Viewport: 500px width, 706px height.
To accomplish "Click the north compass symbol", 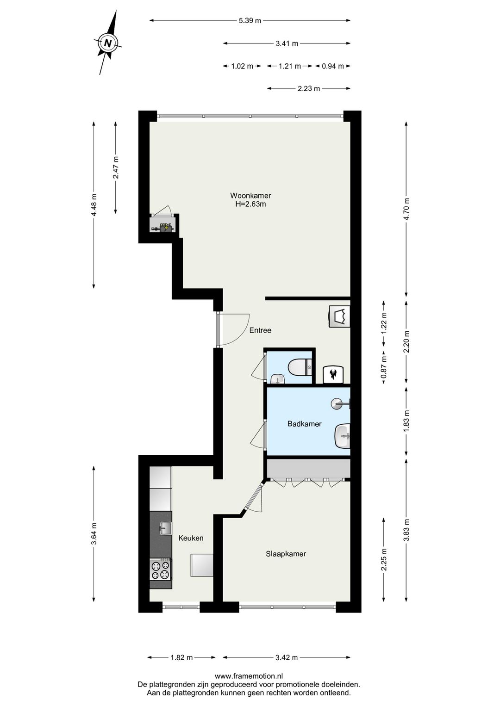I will click(x=108, y=43).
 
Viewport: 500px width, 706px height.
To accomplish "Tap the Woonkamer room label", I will click(x=250, y=196).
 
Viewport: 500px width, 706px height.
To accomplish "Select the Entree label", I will click(x=260, y=330).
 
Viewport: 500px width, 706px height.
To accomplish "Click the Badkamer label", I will click(x=304, y=424).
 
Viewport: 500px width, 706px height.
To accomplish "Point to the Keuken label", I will click(x=191, y=538).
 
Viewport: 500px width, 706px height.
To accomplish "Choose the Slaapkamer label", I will click(x=286, y=554).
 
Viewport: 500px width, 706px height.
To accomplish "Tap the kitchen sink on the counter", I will click(x=165, y=528).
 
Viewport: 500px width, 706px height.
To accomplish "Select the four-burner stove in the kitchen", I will click(x=160, y=570).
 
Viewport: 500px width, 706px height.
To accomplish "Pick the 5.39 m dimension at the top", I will click(x=250, y=20).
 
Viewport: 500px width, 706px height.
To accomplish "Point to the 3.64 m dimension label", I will click(x=94, y=534).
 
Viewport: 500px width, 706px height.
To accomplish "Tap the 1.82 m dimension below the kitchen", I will click(x=181, y=657).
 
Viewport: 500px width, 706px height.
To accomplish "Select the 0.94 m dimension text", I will click(x=333, y=66).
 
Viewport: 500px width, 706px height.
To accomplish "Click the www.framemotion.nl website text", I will click(x=249, y=676).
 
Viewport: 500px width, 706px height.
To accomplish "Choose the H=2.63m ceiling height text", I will click(x=250, y=204).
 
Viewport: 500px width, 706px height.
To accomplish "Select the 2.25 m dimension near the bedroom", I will click(x=384, y=560).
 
